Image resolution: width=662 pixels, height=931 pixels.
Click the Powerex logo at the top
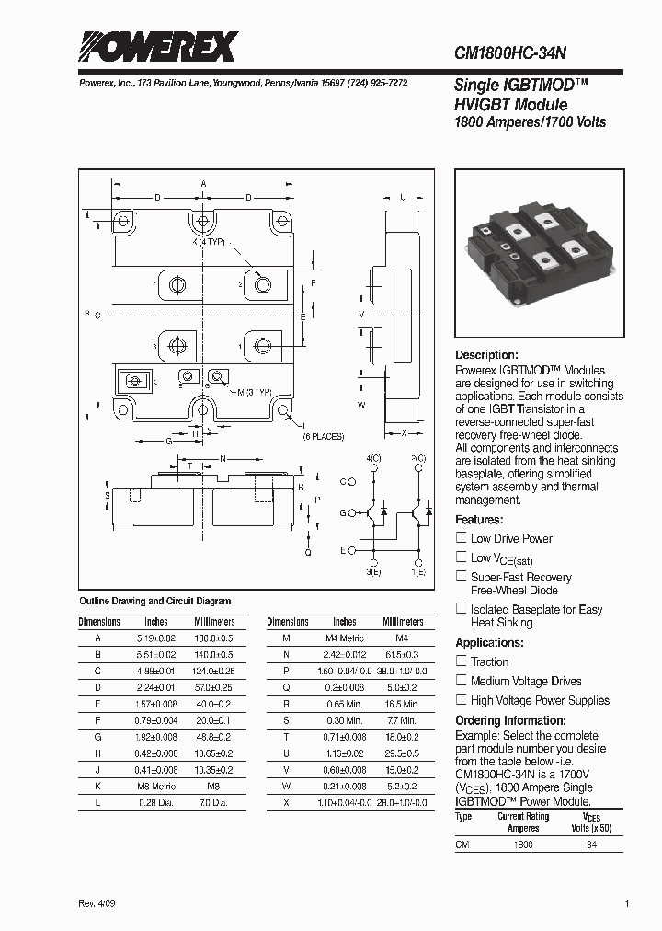[157, 46]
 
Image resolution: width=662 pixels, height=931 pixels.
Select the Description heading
[487, 355]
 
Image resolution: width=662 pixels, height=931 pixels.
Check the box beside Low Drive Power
[462, 538]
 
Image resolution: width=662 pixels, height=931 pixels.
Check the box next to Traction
[462, 661]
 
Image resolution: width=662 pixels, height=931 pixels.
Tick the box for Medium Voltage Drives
[462, 681]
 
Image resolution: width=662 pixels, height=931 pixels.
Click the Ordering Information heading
[511, 720]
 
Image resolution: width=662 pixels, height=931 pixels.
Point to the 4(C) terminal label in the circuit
[373, 458]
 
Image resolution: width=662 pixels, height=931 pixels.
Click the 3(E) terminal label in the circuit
[373, 572]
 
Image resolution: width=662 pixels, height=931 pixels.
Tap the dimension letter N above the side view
[223, 458]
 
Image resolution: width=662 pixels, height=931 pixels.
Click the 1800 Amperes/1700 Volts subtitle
[531, 122]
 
